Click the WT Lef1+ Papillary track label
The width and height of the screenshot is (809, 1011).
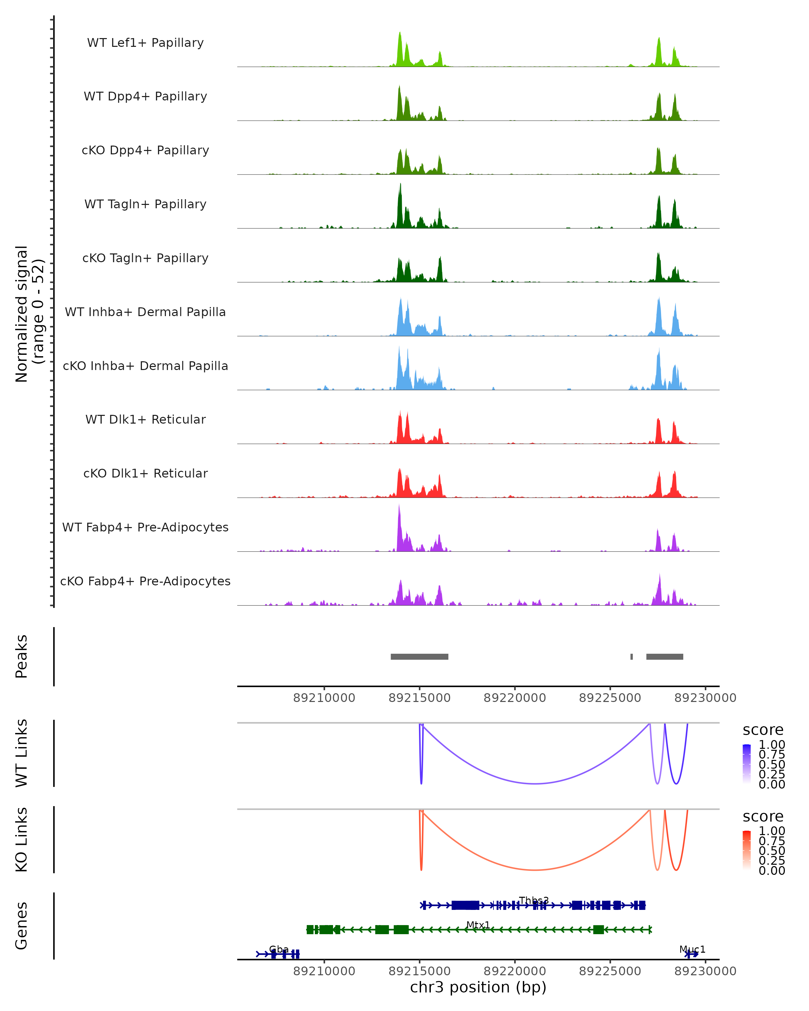[145, 43]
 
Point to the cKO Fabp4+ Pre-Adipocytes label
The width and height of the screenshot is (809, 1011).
[145, 581]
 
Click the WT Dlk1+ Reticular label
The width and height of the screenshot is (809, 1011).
[145, 420]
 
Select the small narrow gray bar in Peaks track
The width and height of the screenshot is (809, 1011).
[632, 656]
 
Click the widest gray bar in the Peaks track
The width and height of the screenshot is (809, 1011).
[419, 656]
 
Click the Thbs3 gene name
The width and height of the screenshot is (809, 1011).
[534, 900]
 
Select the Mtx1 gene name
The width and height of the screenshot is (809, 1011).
[478, 925]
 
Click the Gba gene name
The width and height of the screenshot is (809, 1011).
[279, 949]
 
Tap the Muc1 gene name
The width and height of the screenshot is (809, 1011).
[692, 949]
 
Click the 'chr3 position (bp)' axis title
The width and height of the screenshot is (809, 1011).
[478, 987]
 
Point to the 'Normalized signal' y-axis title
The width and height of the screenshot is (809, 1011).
[22, 314]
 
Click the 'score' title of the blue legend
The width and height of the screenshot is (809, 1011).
[762, 730]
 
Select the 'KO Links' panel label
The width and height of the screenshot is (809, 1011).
[22, 840]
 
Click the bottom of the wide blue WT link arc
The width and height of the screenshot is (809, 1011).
[535, 784]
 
